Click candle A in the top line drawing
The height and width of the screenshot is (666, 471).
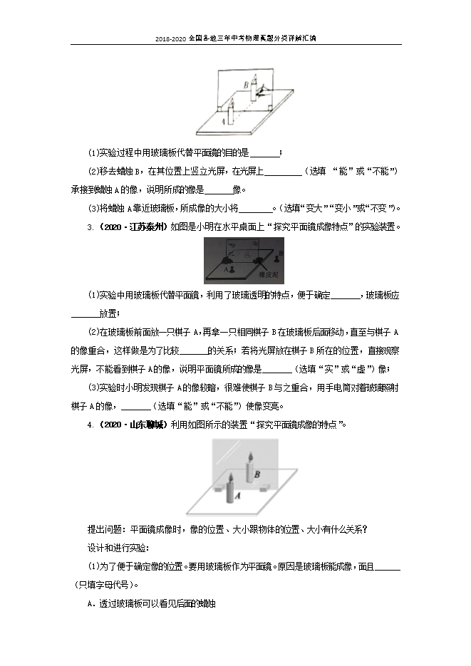(x=229, y=114)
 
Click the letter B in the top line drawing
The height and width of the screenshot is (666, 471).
(x=246, y=84)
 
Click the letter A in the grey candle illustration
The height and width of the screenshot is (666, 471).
(x=237, y=495)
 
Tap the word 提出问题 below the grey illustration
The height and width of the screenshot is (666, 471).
(x=104, y=529)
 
